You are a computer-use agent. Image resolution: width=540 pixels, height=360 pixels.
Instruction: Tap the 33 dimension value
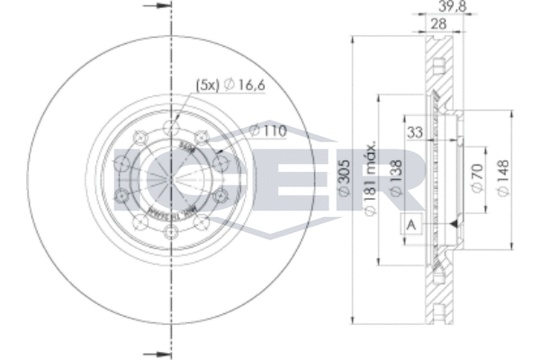(415, 131)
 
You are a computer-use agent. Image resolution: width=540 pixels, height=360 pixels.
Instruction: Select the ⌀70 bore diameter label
(476, 177)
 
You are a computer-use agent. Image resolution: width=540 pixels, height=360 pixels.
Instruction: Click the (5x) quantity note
(207, 85)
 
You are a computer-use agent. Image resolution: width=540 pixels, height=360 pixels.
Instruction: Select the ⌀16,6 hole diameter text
(246, 85)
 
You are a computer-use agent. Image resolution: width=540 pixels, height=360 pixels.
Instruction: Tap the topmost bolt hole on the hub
(171, 124)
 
